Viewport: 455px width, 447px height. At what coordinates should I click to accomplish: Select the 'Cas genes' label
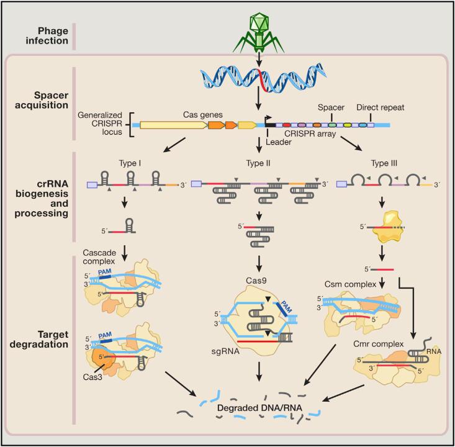(202, 115)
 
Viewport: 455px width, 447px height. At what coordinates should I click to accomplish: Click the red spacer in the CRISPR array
(287, 125)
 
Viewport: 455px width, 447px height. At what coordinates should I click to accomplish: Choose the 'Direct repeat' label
(380, 107)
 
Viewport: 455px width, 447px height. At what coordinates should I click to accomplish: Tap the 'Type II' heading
(258, 163)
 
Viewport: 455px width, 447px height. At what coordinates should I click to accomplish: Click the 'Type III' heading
(384, 163)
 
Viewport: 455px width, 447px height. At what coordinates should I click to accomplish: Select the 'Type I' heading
(130, 163)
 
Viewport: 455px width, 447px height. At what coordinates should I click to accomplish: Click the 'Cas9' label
(256, 281)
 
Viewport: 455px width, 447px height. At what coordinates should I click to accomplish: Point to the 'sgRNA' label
(225, 351)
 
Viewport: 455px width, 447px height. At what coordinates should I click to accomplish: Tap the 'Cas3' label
(92, 377)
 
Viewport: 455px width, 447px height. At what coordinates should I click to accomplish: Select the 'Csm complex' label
(350, 284)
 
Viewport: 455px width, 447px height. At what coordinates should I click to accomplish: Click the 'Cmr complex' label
(379, 344)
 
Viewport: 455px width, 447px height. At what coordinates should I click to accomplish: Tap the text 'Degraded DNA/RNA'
(259, 408)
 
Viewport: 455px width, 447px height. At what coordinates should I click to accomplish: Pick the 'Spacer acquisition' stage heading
(42, 100)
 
